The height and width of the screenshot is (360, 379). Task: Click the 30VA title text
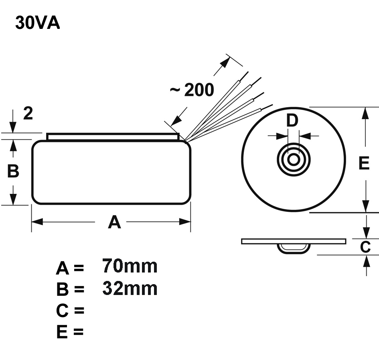pos(37,23)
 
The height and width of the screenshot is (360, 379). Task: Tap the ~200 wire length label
pos(192,91)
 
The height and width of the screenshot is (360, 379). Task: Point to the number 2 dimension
pos(28,114)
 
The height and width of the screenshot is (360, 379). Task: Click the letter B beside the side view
pos(13,171)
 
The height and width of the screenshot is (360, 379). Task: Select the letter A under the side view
pos(114,222)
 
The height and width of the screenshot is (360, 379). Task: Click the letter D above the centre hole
pos(293,120)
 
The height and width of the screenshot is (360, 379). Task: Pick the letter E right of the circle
pos(364,163)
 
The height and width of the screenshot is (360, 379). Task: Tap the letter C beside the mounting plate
pos(365,247)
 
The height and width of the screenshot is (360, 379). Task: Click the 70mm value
pos(130,266)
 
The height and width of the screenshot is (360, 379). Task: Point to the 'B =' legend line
pos(70,289)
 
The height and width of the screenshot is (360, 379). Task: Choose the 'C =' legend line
pos(70,310)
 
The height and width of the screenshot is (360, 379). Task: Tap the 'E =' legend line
pos(70,332)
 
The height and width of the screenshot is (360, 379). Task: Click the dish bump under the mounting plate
pos(293,248)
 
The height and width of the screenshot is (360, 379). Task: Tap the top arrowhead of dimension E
pos(365,113)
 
